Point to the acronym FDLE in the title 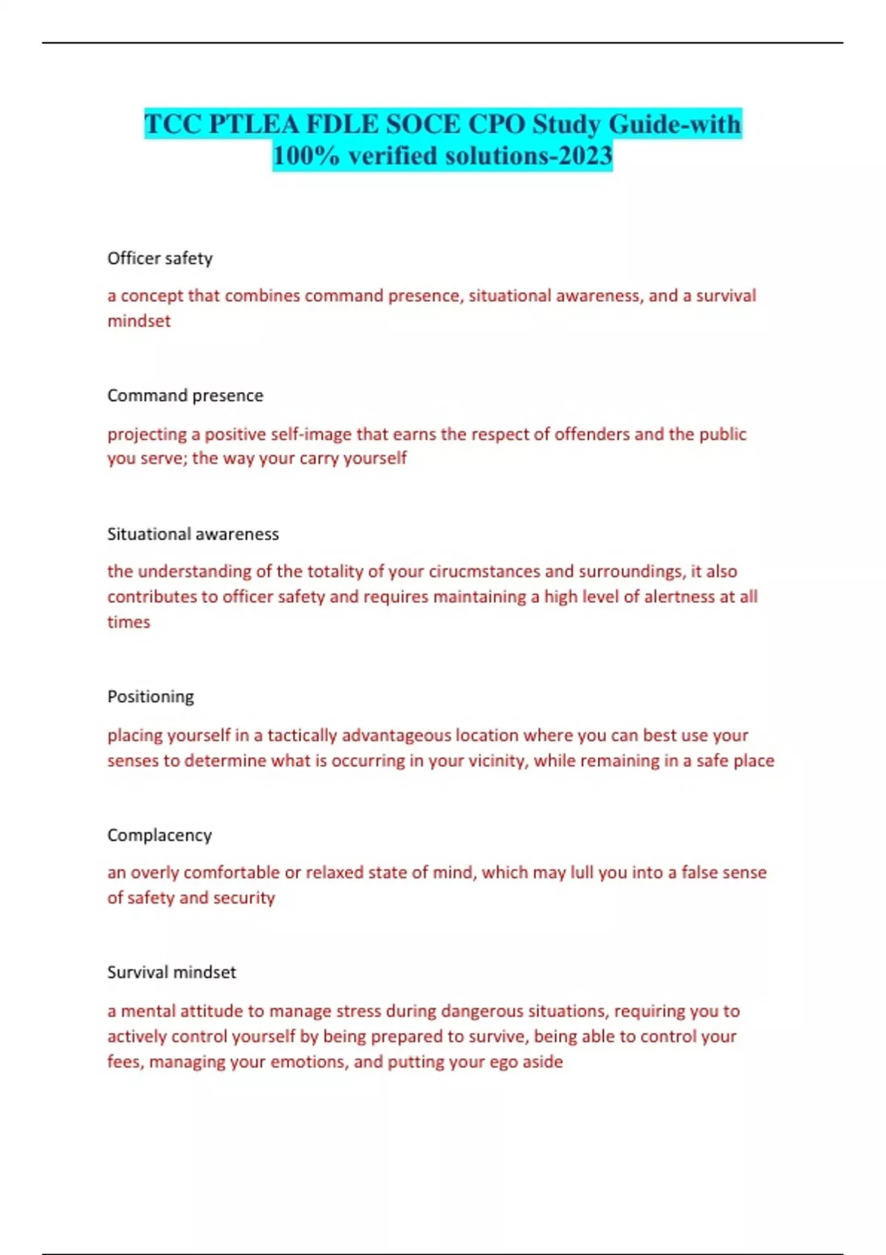343,124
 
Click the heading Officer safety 159,258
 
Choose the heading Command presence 185,396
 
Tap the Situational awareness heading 193,534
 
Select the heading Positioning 151,697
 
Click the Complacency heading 159,835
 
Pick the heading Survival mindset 171,972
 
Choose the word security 244,898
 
